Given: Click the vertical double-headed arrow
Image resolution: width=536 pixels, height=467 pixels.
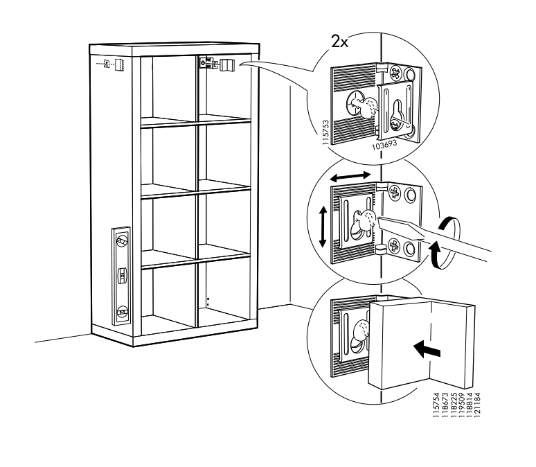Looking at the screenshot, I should point(322,226).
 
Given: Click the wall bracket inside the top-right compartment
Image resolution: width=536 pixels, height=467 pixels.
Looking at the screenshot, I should point(216,64).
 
